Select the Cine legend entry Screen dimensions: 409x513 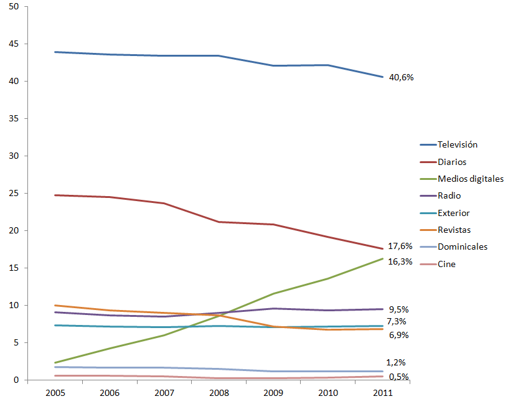[446, 264]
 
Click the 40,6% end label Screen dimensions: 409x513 [402, 78]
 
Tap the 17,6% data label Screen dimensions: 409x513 [400, 246]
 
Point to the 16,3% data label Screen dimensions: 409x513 [400, 261]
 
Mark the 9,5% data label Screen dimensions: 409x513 [398, 309]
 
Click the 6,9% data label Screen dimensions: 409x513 [398, 336]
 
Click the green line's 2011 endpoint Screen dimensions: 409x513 [382, 258]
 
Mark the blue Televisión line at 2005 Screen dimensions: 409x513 [55, 52]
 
